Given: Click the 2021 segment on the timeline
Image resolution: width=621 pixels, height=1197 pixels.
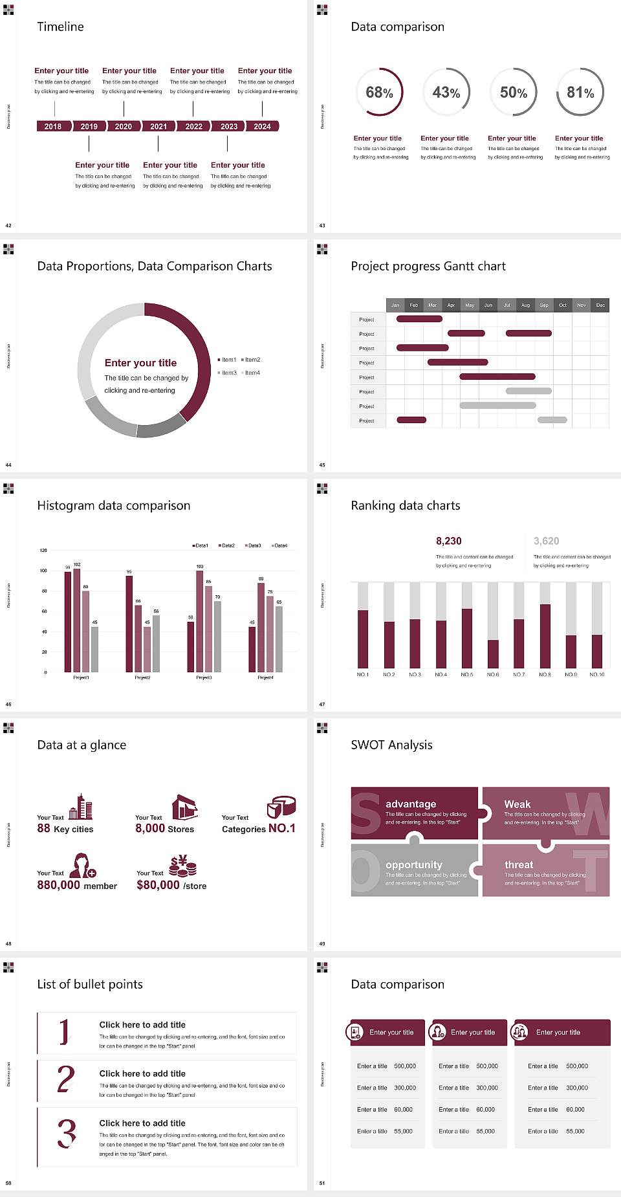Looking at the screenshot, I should tap(158, 126).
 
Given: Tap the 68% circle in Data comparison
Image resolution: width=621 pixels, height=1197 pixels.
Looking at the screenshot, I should tap(379, 92).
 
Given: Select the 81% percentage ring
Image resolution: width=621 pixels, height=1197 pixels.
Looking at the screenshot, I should tap(580, 92).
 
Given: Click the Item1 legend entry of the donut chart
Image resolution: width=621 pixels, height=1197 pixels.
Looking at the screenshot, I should tap(228, 360).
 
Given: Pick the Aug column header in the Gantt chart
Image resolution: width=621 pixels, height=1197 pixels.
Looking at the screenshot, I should tap(525, 305).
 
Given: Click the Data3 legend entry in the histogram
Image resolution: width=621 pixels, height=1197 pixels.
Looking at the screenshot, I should tap(254, 545).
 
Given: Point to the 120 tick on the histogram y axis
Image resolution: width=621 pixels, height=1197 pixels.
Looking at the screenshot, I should tap(43, 551).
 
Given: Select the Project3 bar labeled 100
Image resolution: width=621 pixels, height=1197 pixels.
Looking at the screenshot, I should tap(199, 621).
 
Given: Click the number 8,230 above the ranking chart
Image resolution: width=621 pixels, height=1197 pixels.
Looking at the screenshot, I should tap(448, 541).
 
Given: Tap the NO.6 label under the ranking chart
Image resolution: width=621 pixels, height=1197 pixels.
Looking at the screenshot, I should tap(493, 674).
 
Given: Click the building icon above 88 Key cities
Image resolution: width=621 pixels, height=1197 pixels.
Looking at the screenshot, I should tap(81, 807).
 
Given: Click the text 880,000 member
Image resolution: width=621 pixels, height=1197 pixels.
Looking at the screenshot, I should tap(77, 885).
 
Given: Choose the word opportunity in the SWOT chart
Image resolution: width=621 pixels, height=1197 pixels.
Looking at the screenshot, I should tap(414, 865).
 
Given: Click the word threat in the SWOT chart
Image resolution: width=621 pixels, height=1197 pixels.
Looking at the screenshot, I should tap(519, 865).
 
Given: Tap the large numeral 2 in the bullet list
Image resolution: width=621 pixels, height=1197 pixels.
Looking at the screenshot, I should tap(65, 1079).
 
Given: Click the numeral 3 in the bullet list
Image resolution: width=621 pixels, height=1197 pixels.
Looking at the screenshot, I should tap(66, 1134).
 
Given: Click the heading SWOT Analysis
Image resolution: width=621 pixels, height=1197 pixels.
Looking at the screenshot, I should tap(391, 745).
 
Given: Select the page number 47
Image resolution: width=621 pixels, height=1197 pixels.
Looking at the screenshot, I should tap(322, 704).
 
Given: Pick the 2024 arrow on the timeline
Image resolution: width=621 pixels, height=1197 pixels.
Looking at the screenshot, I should tap(262, 126).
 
